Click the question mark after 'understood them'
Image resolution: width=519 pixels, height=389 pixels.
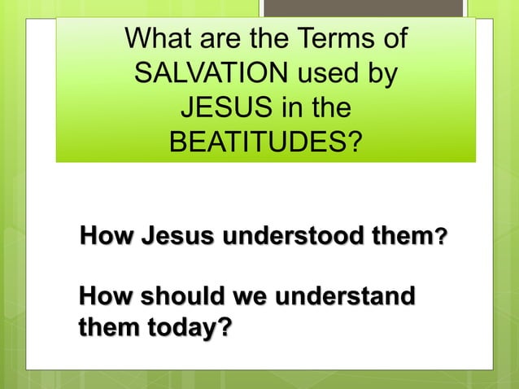point(441,239)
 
